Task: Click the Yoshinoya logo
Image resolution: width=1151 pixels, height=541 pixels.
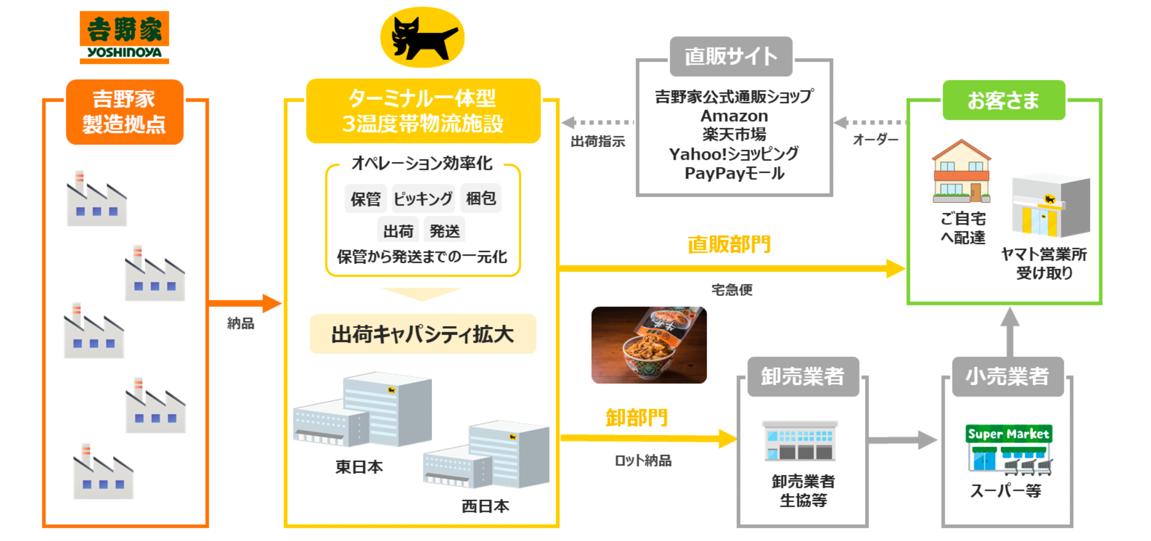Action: pos(124,38)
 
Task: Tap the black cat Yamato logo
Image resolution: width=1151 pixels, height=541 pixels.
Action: pos(422,38)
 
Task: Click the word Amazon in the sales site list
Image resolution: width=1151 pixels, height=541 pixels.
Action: pos(734,116)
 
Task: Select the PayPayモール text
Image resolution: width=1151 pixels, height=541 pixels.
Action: pos(734,173)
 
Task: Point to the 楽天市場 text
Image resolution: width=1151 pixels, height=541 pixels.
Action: pos(734,135)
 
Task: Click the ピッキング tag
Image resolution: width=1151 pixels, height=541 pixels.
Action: pos(423,199)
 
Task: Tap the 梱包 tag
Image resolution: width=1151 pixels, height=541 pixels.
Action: pos(481,198)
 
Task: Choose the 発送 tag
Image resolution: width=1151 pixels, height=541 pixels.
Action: pos(444,230)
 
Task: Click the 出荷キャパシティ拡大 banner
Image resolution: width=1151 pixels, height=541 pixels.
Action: pos(422,335)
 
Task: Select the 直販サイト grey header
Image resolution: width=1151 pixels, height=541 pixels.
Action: pos(730,56)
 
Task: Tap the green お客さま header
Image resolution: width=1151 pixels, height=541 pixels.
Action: pos(1003,100)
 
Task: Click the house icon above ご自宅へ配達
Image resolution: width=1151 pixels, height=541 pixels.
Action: pos(961,171)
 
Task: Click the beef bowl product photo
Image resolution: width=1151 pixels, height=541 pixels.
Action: pos(649,345)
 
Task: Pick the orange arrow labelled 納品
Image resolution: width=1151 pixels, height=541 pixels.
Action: pos(244,303)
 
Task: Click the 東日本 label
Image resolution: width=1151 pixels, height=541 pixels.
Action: pos(359,467)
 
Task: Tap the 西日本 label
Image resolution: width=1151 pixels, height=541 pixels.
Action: pos(485,506)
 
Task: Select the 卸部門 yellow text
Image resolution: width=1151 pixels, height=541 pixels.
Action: pos(636,418)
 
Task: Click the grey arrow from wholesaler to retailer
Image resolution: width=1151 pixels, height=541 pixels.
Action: pos(902,440)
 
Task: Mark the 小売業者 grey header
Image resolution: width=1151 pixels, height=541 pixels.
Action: pos(1007,376)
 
